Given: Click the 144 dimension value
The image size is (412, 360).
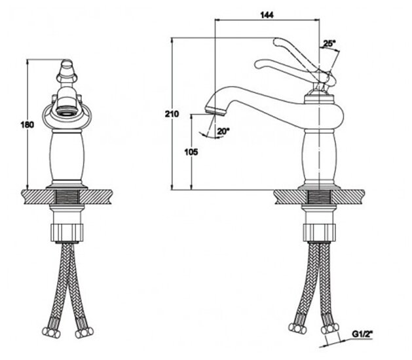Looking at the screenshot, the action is tap(267, 14).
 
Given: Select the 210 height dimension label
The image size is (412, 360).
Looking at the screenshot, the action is tap(172, 114).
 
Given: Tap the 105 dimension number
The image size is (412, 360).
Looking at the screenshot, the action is tap(191, 151).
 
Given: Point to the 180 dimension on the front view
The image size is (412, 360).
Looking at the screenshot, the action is tap(27, 125).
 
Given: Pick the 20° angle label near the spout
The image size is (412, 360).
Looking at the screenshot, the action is tap(223, 131).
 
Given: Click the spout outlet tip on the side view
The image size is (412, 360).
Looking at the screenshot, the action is tap(209, 108).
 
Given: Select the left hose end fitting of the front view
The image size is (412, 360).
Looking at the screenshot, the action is tap(48, 332).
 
